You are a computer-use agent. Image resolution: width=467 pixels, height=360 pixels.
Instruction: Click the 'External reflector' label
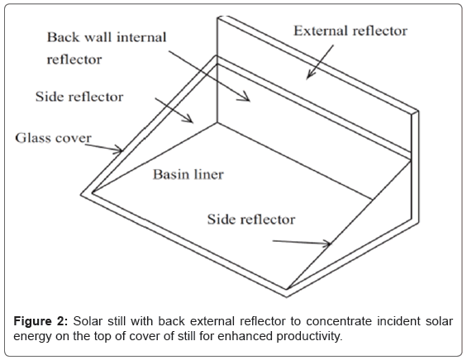350,31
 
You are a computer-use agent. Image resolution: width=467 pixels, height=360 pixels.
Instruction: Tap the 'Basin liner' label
188,174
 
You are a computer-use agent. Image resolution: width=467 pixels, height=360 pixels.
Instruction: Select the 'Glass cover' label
53,138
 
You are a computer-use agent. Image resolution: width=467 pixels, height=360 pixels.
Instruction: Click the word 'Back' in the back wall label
63,37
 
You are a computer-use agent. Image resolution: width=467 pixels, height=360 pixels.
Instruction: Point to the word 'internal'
141,37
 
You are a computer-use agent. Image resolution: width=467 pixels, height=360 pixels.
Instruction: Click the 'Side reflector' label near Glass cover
79,97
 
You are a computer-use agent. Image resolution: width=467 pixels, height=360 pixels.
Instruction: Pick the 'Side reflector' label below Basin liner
251,220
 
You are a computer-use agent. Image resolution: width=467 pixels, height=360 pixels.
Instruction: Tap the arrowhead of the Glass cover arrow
121,151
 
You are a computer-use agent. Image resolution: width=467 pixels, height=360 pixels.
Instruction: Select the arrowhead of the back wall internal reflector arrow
247,99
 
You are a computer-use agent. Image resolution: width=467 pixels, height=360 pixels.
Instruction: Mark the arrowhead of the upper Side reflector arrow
191,121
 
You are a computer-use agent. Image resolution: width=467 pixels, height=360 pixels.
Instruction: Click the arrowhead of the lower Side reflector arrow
328,244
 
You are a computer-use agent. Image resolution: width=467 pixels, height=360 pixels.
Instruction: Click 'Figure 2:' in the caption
41,322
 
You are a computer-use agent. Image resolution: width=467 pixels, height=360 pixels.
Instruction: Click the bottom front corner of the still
286,296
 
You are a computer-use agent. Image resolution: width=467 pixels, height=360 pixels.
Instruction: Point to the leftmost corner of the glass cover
81,195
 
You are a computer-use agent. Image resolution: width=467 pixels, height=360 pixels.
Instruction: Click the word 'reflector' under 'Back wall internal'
74,59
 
